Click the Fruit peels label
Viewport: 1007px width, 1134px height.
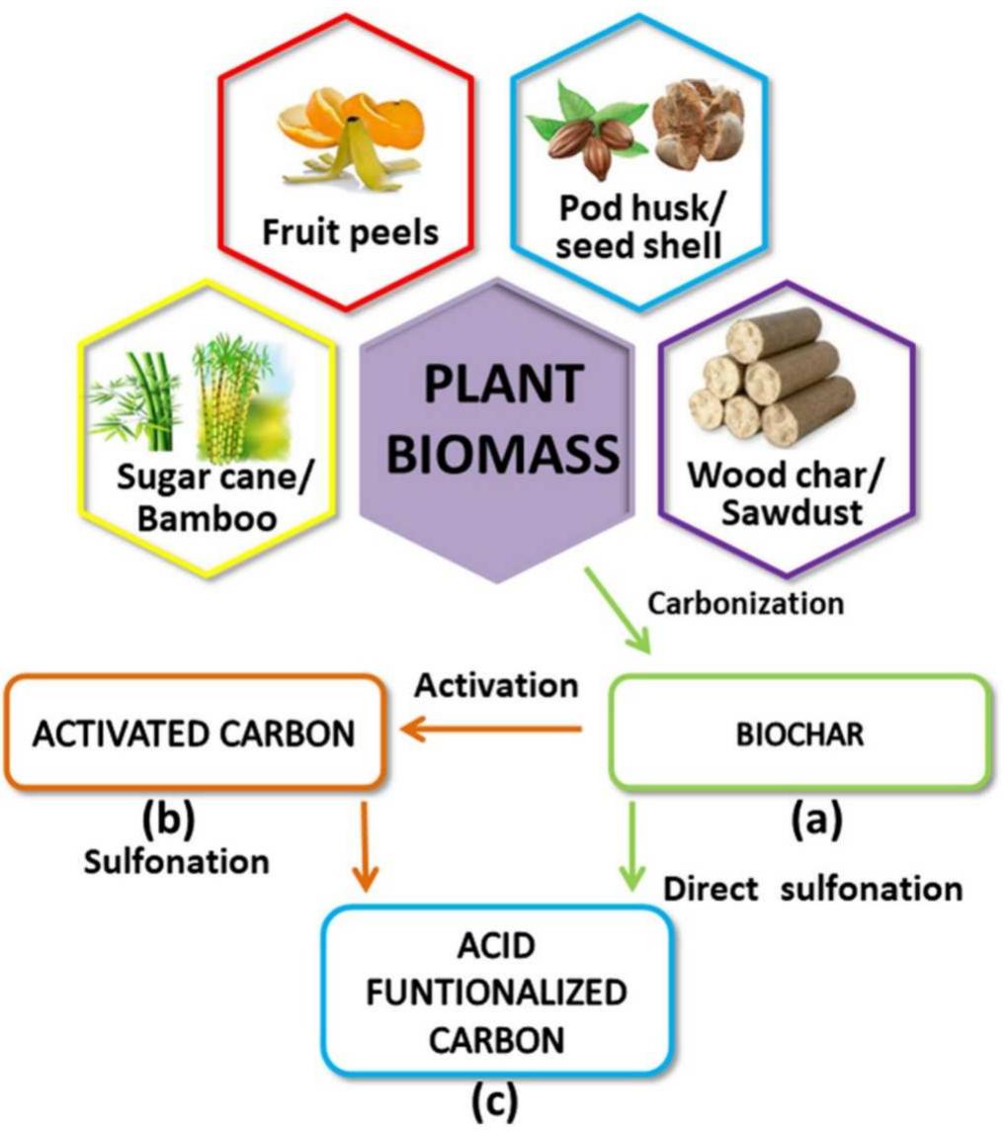pos(351,234)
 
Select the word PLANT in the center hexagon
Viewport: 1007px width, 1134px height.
pos(502,388)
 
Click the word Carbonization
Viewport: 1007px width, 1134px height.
pos(745,602)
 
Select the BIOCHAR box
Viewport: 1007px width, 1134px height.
pos(801,733)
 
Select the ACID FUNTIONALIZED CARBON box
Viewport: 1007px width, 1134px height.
pos(496,992)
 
